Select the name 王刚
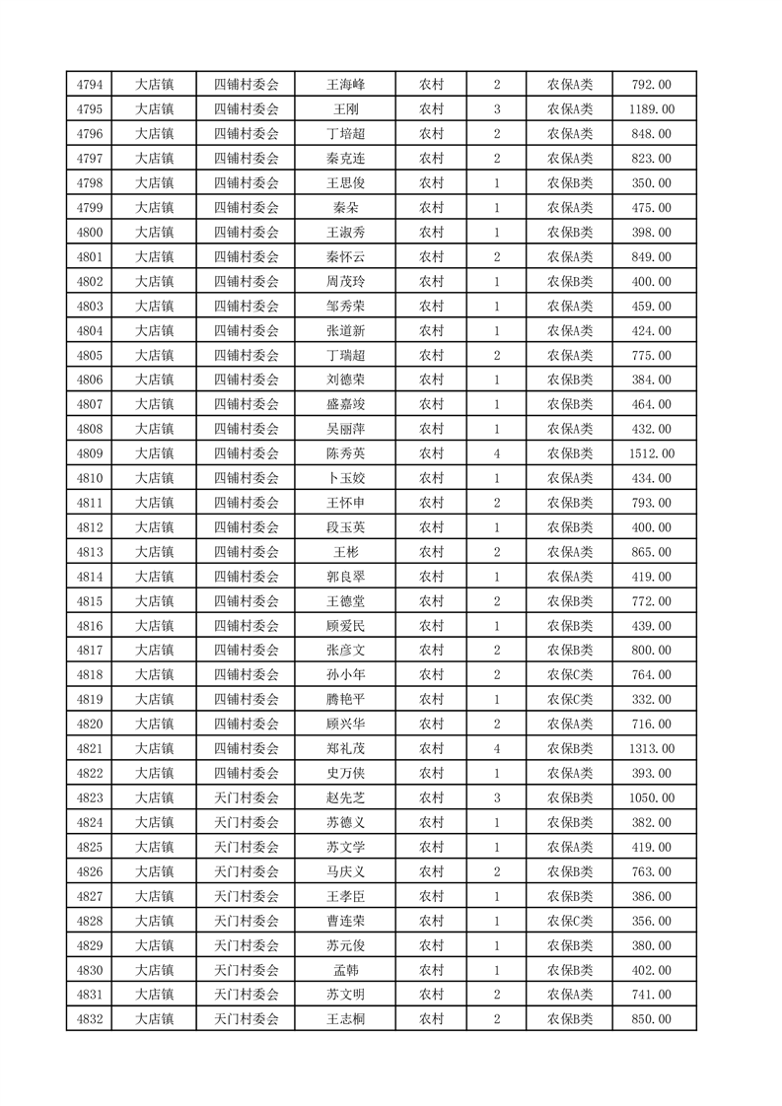click(345, 109)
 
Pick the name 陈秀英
click(345, 453)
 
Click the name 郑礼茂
click(345, 749)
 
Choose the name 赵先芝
click(345, 798)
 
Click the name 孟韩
click(345, 970)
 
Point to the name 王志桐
click(345, 1019)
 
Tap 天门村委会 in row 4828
click(247, 921)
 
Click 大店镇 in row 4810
click(154, 478)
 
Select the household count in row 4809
click(496, 453)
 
